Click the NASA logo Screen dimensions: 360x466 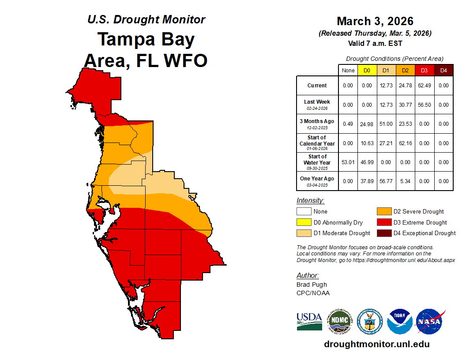pyautogui.click(x=430, y=322)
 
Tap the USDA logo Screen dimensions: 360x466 pyautogui.click(x=309, y=321)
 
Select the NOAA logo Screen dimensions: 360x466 pyautogui.click(x=400, y=322)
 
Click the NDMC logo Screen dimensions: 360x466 pyautogui.click(x=339, y=321)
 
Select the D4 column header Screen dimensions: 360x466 pyautogui.click(x=443, y=70)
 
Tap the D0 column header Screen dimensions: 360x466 pyautogui.click(x=367, y=70)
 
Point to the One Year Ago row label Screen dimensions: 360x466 pyautogui.click(x=317, y=181)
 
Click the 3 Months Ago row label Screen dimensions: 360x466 pyautogui.click(x=317, y=124)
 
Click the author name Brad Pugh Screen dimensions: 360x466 pyautogui.click(x=312, y=285)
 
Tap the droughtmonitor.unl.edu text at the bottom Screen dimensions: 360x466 pyautogui.click(x=376, y=344)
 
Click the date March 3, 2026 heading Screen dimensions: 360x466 pyautogui.click(x=375, y=21)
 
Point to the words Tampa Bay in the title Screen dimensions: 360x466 pyautogui.click(x=146, y=39)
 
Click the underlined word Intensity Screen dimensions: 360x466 pyautogui.click(x=310, y=201)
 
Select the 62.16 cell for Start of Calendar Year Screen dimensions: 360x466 pyautogui.click(x=405, y=143)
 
